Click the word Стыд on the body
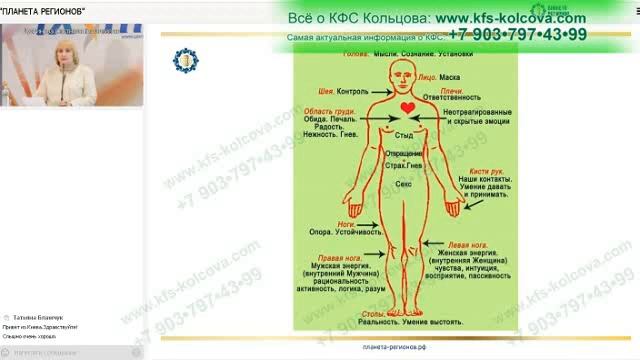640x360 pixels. click(x=404, y=133)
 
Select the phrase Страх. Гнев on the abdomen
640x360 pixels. click(x=405, y=166)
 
